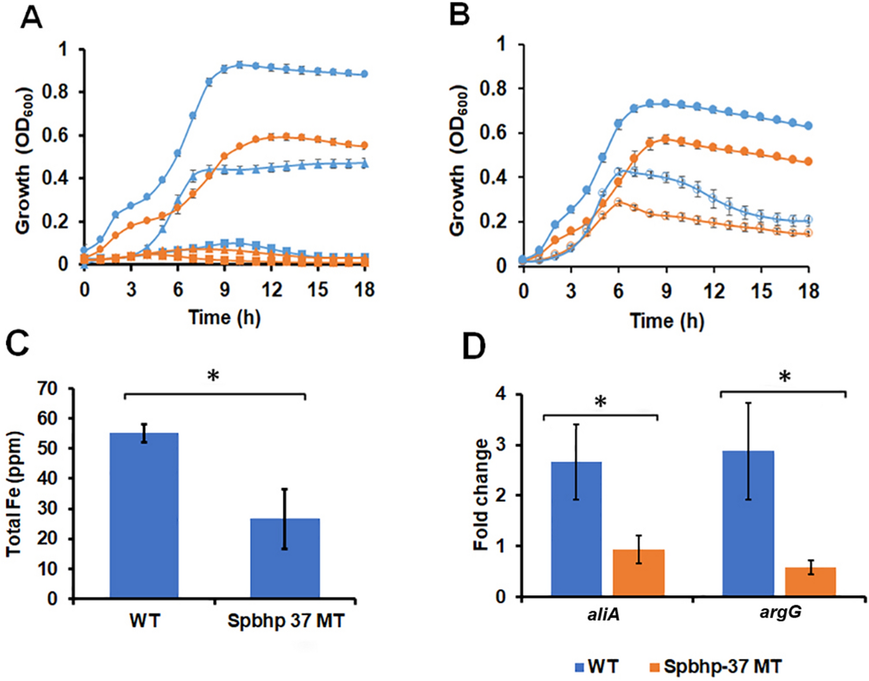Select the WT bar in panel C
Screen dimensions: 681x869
click(x=144, y=515)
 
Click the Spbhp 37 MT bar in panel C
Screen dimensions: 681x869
click(x=285, y=558)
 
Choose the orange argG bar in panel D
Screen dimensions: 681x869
click(x=810, y=581)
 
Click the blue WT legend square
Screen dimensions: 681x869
click(x=579, y=667)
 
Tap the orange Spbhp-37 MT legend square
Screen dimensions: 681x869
click(x=654, y=667)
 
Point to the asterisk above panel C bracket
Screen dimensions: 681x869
click(x=213, y=377)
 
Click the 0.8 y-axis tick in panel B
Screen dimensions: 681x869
click(x=494, y=89)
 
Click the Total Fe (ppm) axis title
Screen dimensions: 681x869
click(x=14, y=493)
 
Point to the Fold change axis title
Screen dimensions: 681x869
click(x=481, y=495)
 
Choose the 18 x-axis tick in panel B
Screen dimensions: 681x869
click(x=808, y=290)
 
